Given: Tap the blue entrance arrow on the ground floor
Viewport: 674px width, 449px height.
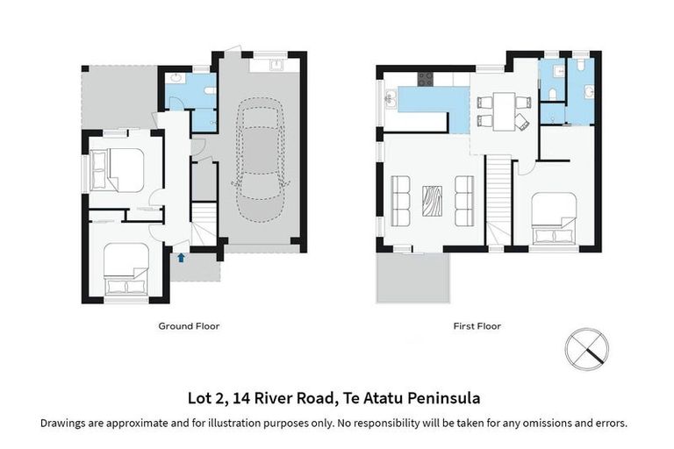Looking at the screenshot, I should [181, 257].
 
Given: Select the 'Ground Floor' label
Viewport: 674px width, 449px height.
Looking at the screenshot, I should [189, 326].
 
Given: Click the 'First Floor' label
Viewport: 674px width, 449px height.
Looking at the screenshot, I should [477, 326].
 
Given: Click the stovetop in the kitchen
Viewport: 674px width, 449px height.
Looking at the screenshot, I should [426, 79].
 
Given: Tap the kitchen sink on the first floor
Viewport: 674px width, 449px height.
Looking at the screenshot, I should [391, 98].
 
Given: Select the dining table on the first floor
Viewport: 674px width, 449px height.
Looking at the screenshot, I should [503, 110].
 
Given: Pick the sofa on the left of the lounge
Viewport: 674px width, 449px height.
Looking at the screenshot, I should [400, 200].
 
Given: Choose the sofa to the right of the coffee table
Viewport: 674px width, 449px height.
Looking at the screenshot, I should [464, 200].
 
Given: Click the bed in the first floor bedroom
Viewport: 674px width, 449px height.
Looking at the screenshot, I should [554, 217].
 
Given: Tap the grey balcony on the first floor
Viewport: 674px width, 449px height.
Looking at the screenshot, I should [412, 277].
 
